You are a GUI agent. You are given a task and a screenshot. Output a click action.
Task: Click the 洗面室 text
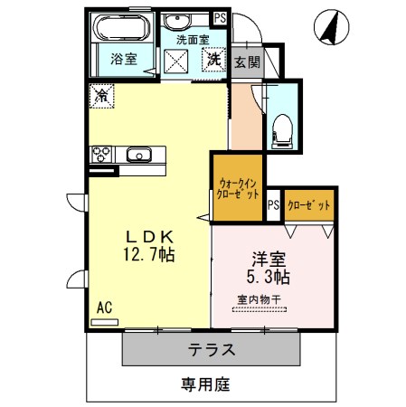[192, 40]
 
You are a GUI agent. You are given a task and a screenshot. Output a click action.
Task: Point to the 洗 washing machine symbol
[214, 60]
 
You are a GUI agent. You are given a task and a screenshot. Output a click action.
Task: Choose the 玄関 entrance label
[246, 62]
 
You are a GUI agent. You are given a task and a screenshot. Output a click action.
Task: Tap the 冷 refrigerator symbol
[102, 95]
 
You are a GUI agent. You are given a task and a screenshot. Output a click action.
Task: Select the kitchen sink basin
[140, 154]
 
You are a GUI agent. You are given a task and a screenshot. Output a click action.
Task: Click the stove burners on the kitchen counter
[100, 155]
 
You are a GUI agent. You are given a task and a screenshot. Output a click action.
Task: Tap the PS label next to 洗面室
[219, 17]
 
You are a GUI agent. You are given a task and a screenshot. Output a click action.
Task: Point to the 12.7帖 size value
[149, 256]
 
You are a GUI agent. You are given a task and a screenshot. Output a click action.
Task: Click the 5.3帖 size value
[268, 275]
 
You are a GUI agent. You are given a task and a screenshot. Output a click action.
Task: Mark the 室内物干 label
[259, 299]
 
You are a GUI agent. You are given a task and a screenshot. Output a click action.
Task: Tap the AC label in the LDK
[104, 308]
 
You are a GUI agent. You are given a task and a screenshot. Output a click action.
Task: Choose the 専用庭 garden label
[203, 384]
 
